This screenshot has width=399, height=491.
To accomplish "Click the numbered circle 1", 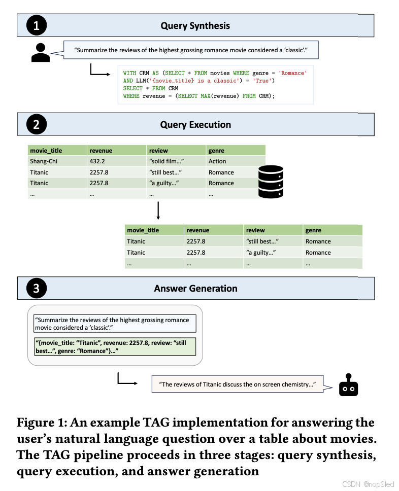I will tap(37, 25).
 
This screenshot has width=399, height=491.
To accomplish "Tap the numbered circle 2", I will tap(37, 125).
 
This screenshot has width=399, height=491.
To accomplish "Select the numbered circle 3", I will tap(37, 289).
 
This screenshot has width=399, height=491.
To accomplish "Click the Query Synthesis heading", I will tap(195, 25).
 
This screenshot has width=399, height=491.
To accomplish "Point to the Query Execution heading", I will tap(195, 125).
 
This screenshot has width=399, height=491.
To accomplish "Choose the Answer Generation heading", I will tap(195, 289).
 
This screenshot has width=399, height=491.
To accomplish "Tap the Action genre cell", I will tap(217, 161).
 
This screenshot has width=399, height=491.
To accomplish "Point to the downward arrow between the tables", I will tap(158, 211).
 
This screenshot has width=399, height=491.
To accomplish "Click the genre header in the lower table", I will tap(313, 230).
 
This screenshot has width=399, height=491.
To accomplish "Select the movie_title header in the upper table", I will tap(46, 151).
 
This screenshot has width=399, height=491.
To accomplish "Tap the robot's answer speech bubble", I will tap(238, 384).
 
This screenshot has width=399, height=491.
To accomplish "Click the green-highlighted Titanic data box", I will tap(115, 346).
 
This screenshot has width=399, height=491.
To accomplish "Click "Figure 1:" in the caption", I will tap(43, 423).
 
